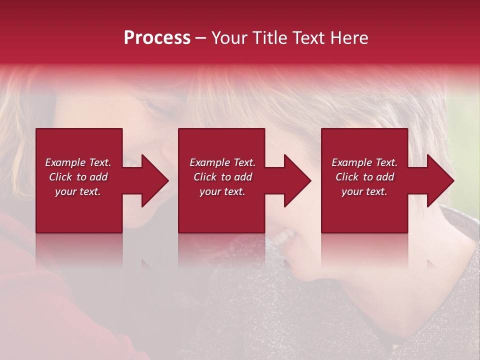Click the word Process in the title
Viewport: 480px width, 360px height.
(x=157, y=38)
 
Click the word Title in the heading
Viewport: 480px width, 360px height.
(x=269, y=38)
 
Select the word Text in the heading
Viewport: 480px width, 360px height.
(x=309, y=38)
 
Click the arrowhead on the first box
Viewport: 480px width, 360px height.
(x=154, y=180)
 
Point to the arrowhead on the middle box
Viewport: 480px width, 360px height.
(x=297, y=180)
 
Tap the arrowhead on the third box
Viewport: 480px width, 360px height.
(x=440, y=180)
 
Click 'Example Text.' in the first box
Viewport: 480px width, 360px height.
(x=78, y=162)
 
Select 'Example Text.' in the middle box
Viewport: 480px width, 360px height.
(x=222, y=162)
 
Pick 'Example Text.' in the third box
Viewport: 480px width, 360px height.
(x=364, y=162)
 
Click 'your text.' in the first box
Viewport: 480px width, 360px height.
(x=78, y=191)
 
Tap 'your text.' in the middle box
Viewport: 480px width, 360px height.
(x=222, y=191)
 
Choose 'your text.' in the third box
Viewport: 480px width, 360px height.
(x=364, y=191)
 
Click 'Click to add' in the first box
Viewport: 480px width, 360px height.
(x=78, y=177)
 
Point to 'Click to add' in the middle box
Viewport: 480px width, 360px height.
(x=222, y=177)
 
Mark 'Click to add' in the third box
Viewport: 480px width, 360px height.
(x=364, y=177)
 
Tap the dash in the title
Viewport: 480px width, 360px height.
(x=200, y=38)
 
